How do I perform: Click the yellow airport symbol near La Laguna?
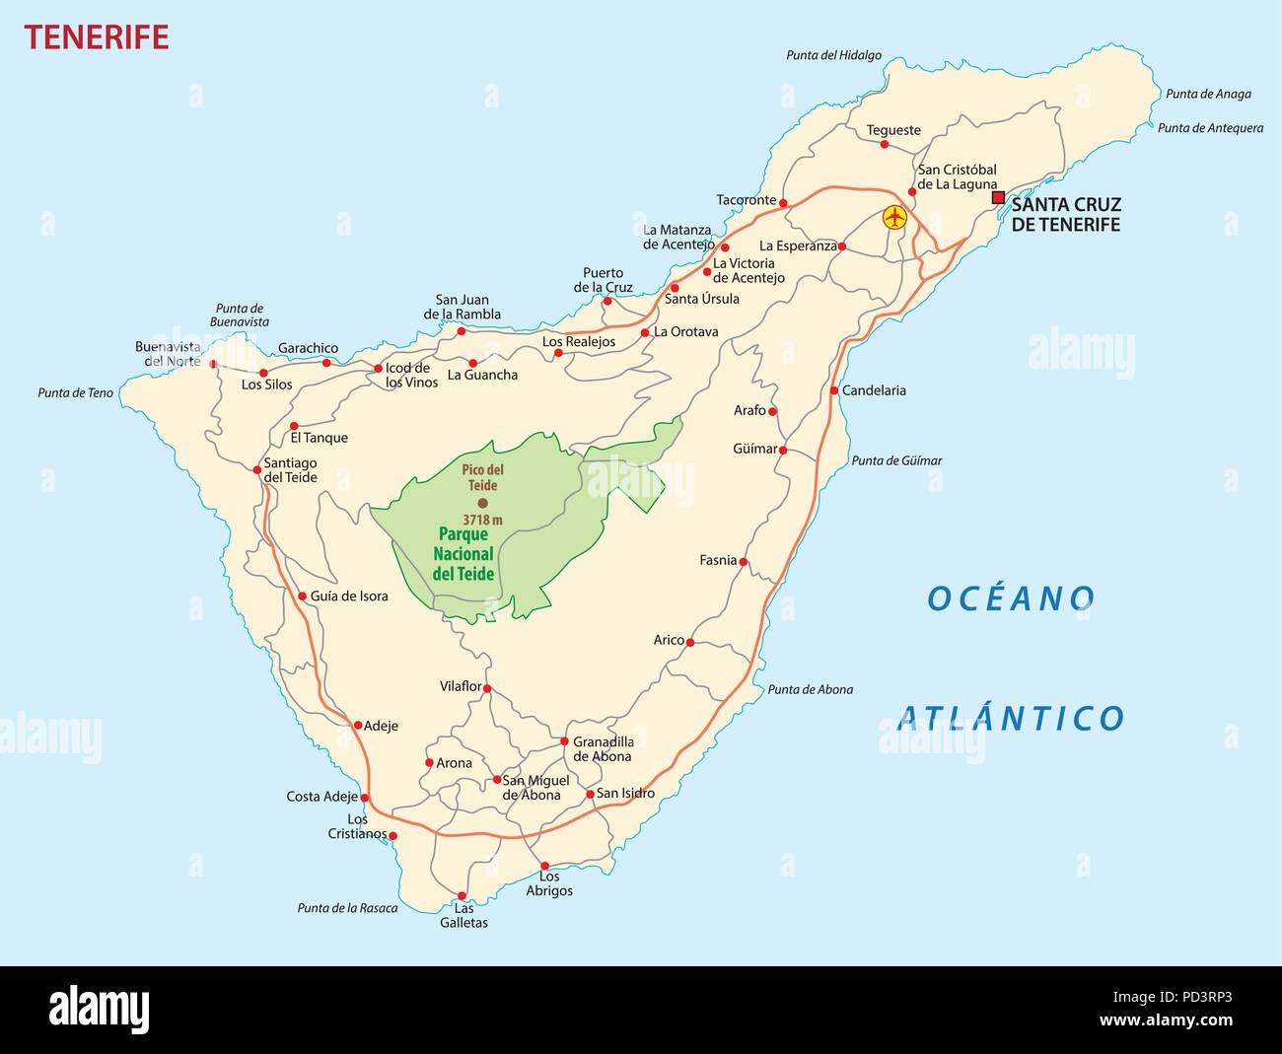click(x=894, y=217)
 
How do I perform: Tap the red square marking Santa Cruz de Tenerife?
click(x=998, y=197)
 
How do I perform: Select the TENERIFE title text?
click(x=97, y=37)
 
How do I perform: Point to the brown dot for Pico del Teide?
click(x=482, y=503)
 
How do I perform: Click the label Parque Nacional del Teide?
click(x=463, y=554)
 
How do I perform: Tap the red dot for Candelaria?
click(x=834, y=390)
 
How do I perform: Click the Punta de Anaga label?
click(x=1208, y=95)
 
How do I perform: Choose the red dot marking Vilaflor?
click(x=487, y=689)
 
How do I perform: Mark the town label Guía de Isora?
click(x=349, y=597)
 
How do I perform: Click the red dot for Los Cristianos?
click(x=393, y=836)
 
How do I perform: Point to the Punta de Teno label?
click(x=76, y=393)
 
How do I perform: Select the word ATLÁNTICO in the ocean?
click(x=1012, y=718)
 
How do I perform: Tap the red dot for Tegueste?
click(x=884, y=144)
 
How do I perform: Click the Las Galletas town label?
click(x=463, y=916)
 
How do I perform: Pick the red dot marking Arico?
click(x=690, y=643)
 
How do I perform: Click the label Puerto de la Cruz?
click(x=604, y=280)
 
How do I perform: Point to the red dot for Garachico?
click(x=326, y=363)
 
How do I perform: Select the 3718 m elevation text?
click(x=482, y=520)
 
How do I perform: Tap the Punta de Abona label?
click(x=811, y=690)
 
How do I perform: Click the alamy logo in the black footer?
click(x=100, y=1010)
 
